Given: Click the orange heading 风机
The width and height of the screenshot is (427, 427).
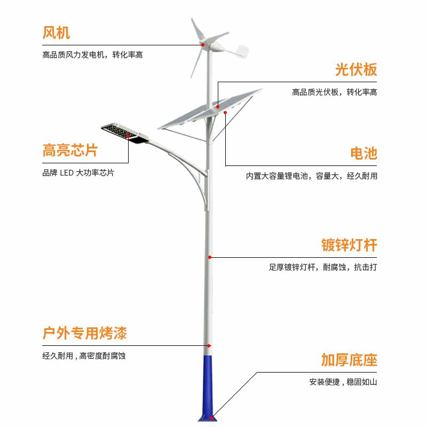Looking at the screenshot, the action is pos(56,33).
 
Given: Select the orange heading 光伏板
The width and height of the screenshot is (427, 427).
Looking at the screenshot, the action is pos(356,70).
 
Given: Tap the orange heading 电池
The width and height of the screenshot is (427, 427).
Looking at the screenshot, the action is pos(363,154).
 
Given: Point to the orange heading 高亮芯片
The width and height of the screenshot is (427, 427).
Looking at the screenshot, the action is pos(70,151).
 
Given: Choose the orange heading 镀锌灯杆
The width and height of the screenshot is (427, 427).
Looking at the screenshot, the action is pos(349,245).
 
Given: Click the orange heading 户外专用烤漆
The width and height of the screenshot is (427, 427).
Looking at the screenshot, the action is pos(84,334).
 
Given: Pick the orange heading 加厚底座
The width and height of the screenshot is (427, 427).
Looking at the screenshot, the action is pos(349,360).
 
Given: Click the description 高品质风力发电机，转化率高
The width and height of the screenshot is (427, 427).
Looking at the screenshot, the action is pos(92,54).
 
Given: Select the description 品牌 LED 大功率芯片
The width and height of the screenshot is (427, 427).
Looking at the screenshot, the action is pos(78,173).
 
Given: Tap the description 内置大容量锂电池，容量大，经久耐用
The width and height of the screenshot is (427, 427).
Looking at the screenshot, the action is pos(312,176).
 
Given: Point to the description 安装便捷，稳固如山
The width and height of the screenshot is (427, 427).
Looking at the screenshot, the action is pos(343,382).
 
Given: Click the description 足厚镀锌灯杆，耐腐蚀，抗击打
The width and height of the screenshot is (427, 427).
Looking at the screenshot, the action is pos(323,267).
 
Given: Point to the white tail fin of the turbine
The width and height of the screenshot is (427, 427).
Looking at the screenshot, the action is pos(241,52).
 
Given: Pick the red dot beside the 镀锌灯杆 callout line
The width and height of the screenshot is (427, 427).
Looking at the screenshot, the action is pos(210,257).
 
